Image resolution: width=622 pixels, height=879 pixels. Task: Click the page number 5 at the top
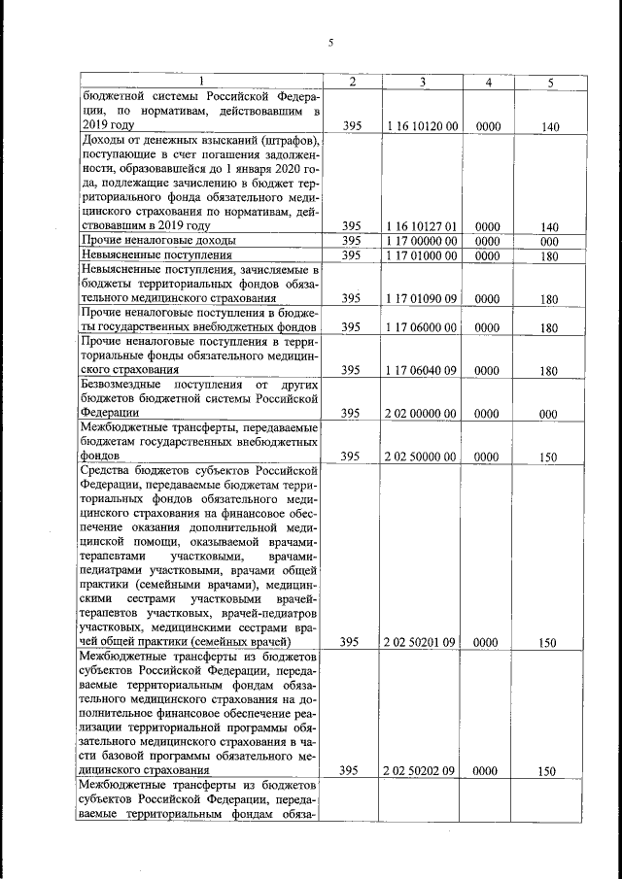(x=330, y=42)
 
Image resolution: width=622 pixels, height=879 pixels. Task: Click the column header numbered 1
(x=201, y=83)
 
